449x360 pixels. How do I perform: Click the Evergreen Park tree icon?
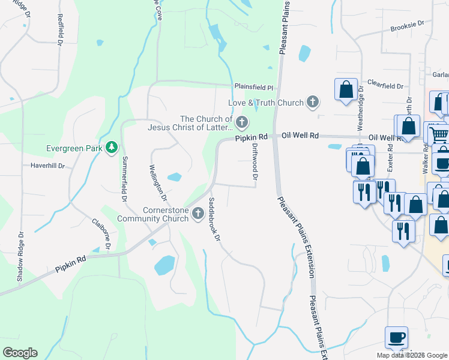111,148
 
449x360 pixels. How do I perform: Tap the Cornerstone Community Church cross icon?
198,213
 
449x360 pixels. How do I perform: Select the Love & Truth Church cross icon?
312,102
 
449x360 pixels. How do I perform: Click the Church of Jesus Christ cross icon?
242,123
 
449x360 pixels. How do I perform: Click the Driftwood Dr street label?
255,161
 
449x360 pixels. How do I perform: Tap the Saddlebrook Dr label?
214,219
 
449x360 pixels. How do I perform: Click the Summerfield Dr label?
125,179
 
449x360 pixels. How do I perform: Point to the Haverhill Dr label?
47,165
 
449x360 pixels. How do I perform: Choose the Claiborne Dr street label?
101,233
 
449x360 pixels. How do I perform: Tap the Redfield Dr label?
60,31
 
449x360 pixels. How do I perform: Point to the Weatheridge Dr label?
361,107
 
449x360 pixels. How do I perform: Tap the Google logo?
20,353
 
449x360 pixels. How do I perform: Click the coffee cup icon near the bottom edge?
396,337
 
